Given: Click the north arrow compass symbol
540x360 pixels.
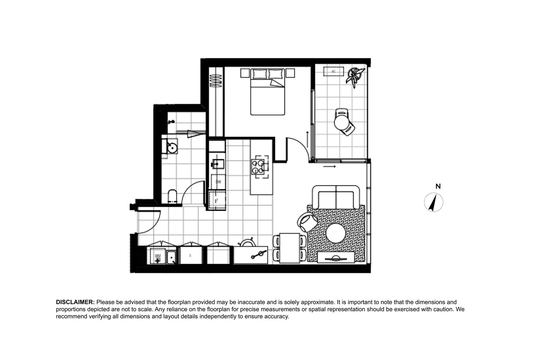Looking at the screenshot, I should pyautogui.click(x=433, y=202).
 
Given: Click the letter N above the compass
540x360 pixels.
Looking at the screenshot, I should pyautogui.click(x=438, y=187).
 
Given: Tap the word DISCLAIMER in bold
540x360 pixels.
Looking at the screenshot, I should pyautogui.click(x=75, y=302).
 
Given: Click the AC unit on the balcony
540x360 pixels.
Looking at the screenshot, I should pyautogui.click(x=333, y=71).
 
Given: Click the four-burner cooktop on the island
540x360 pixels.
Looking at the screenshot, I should pyautogui.click(x=259, y=167).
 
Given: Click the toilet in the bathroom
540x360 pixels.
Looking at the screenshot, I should pyautogui.click(x=172, y=197).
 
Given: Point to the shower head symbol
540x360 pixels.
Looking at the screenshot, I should pyautogui.click(x=172, y=122).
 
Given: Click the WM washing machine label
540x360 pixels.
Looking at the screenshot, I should pyautogui.click(x=158, y=256).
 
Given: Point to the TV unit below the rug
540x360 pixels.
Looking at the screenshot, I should pyautogui.click(x=336, y=257).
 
